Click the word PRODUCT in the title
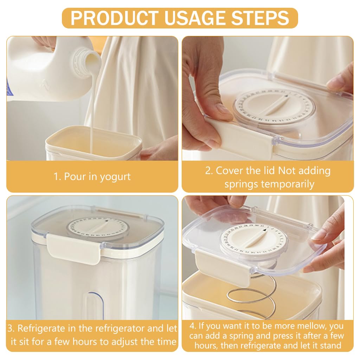[114, 18]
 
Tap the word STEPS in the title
[260, 18]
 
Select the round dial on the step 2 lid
[274, 108]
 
